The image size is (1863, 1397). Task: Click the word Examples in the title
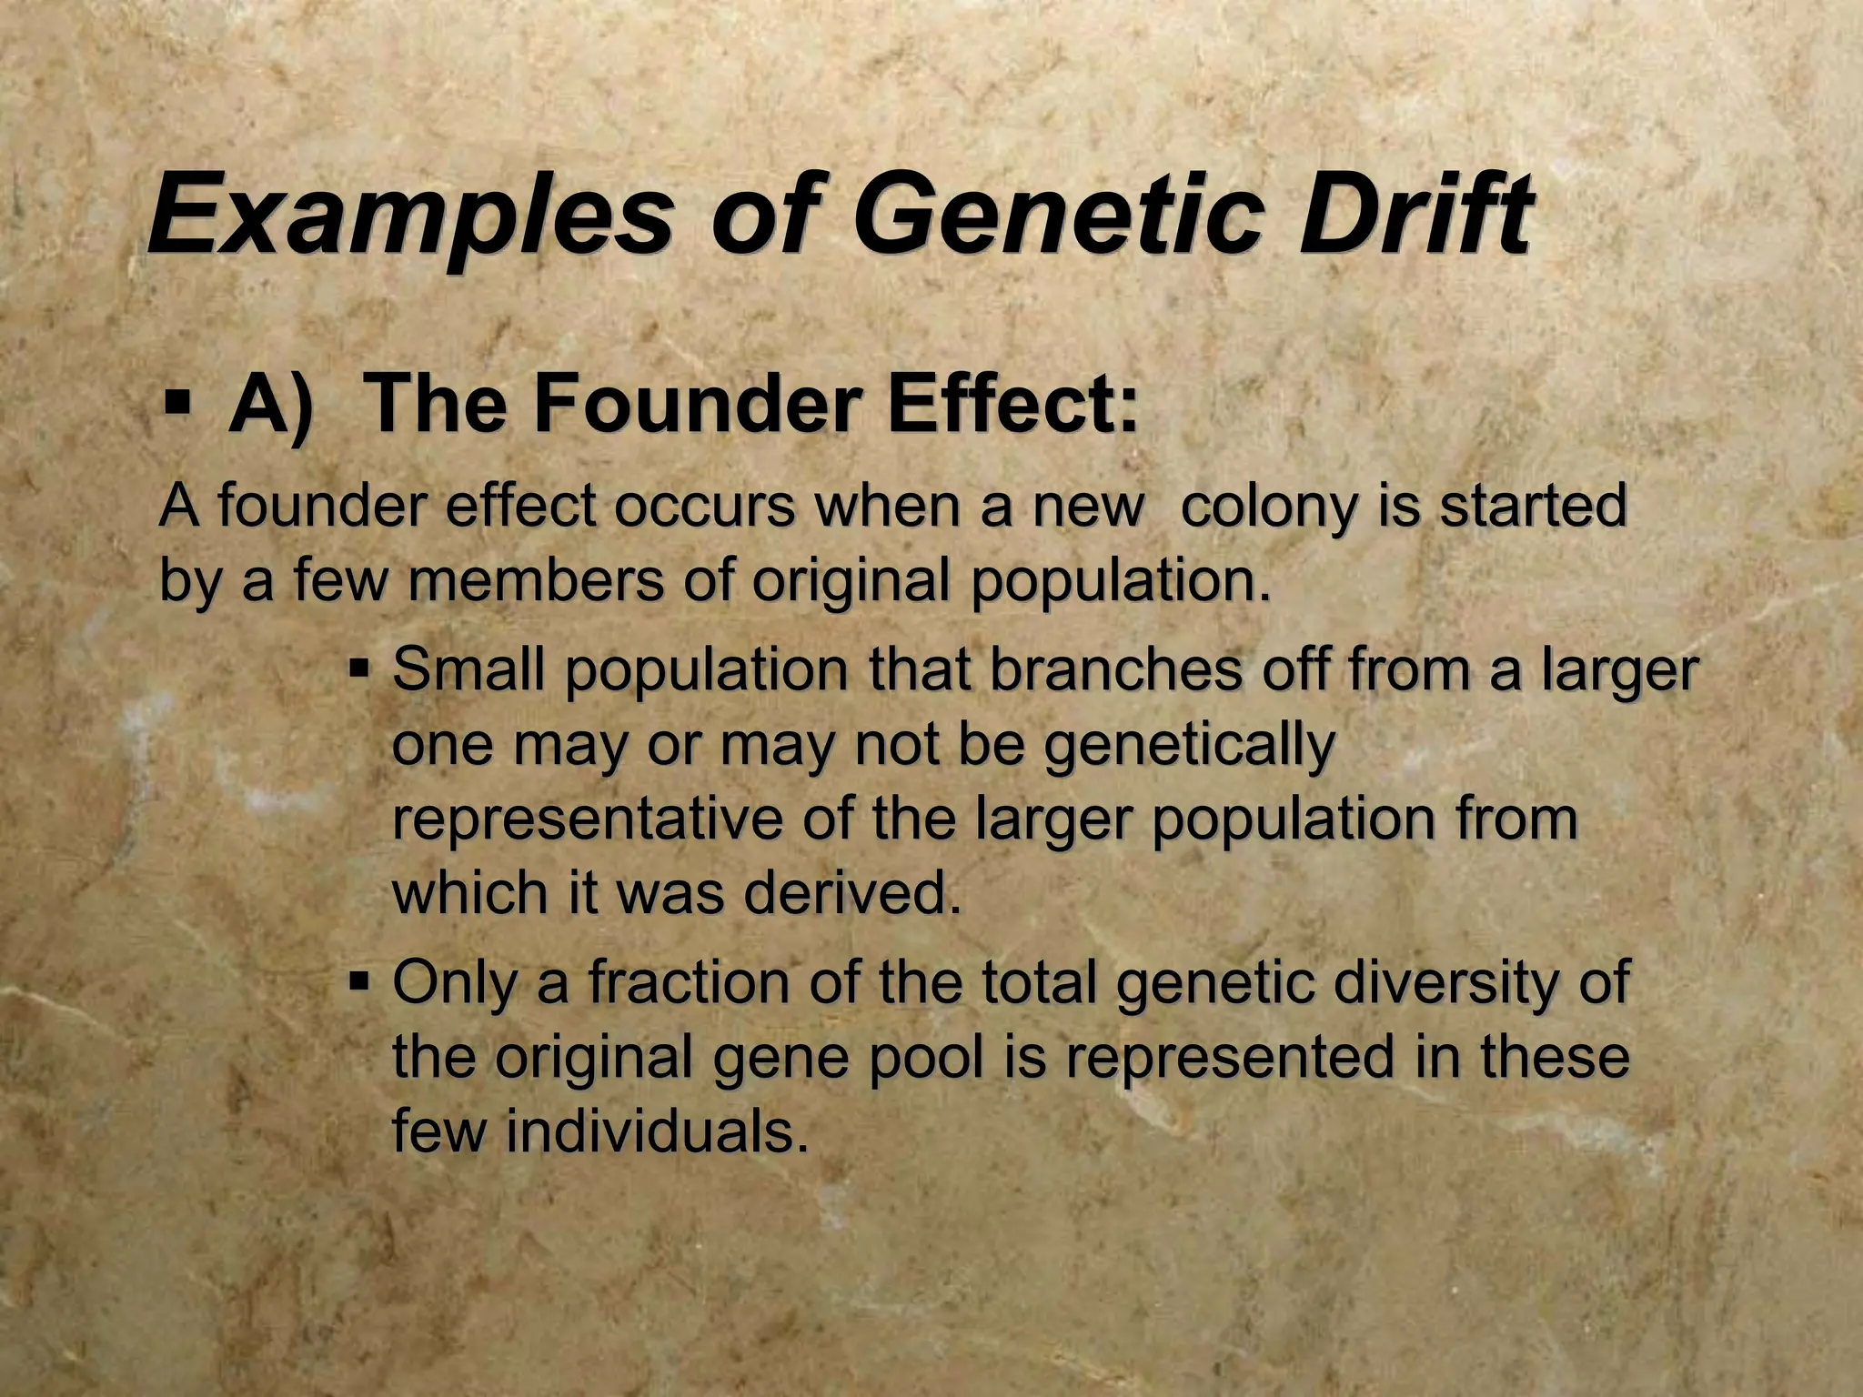click(x=409, y=218)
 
